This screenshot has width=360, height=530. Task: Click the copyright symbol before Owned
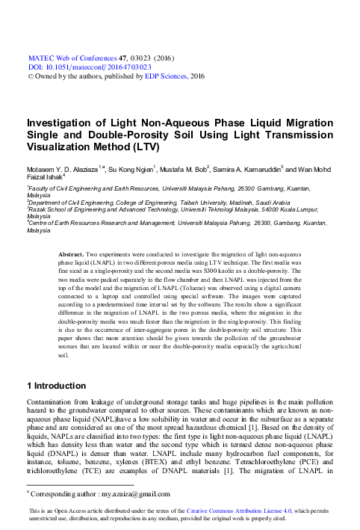click(30, 76)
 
